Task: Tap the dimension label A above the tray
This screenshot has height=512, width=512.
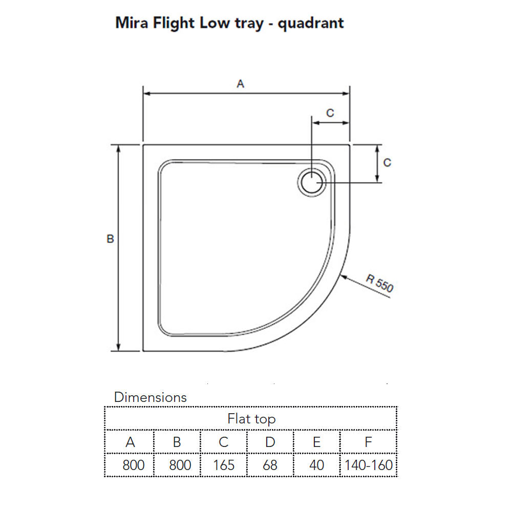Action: [241, 84]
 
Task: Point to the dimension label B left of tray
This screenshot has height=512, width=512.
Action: [110, 239]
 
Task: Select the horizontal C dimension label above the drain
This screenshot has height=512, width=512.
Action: [330, 113]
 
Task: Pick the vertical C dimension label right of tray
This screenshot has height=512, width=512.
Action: [387, 162]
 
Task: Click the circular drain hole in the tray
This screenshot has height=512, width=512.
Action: [311, 182]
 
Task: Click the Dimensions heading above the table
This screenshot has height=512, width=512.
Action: [150, 397]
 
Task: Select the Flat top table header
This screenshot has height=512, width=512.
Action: [251, 419]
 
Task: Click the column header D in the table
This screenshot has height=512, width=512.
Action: [270, 442]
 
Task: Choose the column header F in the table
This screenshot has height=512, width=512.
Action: [368, 442]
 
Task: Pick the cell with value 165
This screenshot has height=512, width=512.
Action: [224, 465]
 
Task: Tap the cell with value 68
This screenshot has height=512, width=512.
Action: [270, 465]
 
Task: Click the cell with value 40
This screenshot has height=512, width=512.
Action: [316, 465]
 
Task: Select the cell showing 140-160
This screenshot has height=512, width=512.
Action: [369, 465]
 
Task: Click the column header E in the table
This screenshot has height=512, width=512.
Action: [316, 442]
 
